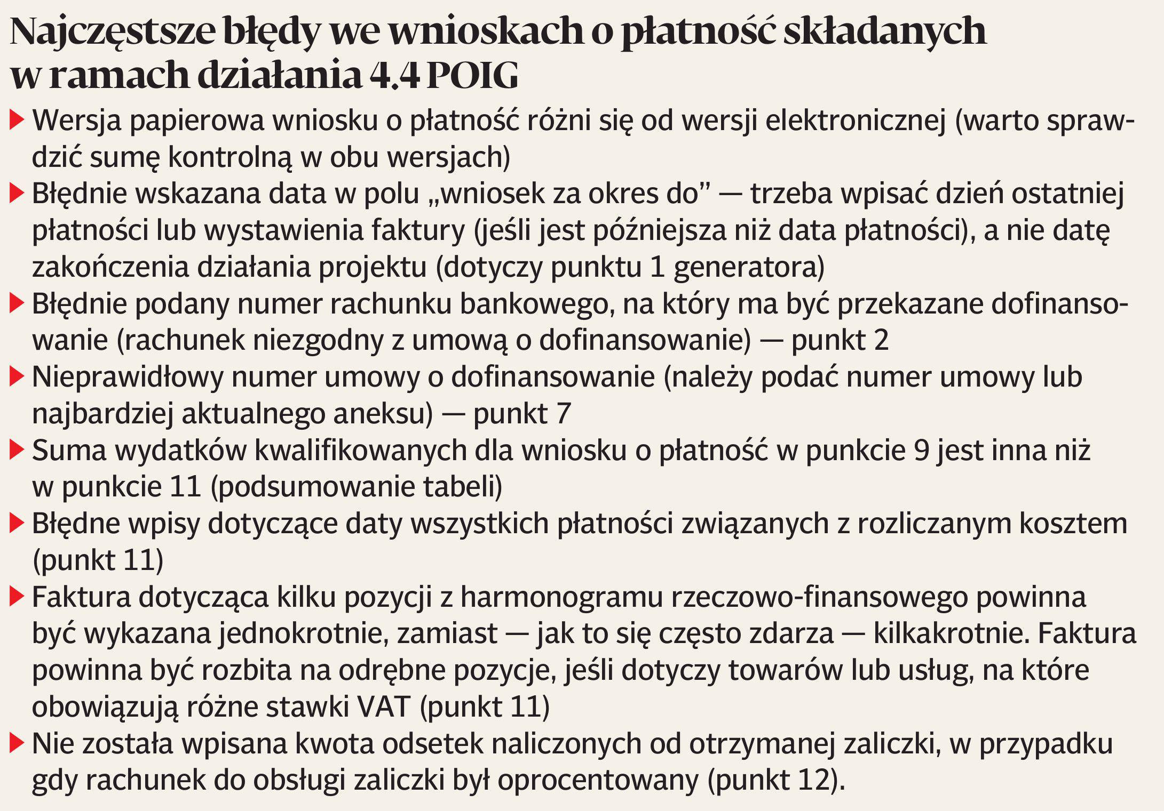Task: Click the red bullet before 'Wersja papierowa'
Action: point(17,120)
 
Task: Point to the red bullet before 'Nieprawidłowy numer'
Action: point(17,377)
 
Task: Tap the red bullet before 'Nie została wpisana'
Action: point(17,743)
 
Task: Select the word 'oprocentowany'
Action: point(598,781)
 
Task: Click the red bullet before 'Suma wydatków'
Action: point(17,451)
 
